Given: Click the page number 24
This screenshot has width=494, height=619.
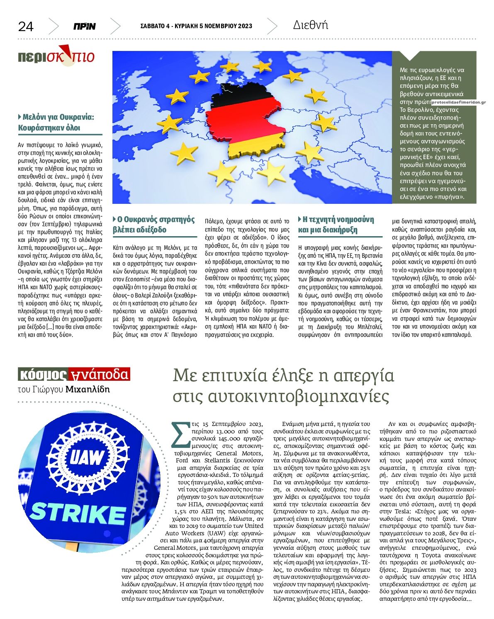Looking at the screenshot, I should [x=26, y=27].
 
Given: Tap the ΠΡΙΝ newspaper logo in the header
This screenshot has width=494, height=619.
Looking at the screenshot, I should [x=84, y=27].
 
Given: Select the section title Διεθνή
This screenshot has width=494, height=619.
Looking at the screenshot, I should [x=310, y=25].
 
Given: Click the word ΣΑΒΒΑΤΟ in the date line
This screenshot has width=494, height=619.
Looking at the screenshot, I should [x=152, y=26].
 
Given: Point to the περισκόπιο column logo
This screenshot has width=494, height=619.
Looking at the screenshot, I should [x=56, y=56].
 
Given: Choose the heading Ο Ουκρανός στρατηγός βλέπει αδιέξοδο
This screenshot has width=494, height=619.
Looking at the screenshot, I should [x=153, y=225].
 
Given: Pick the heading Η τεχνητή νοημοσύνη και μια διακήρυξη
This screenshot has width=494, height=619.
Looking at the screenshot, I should [x=336, y=225].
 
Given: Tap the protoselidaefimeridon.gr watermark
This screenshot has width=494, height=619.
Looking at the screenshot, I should [x=458, y=102].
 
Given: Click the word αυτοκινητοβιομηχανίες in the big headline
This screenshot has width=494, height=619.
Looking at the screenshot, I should [x=298, y=396].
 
